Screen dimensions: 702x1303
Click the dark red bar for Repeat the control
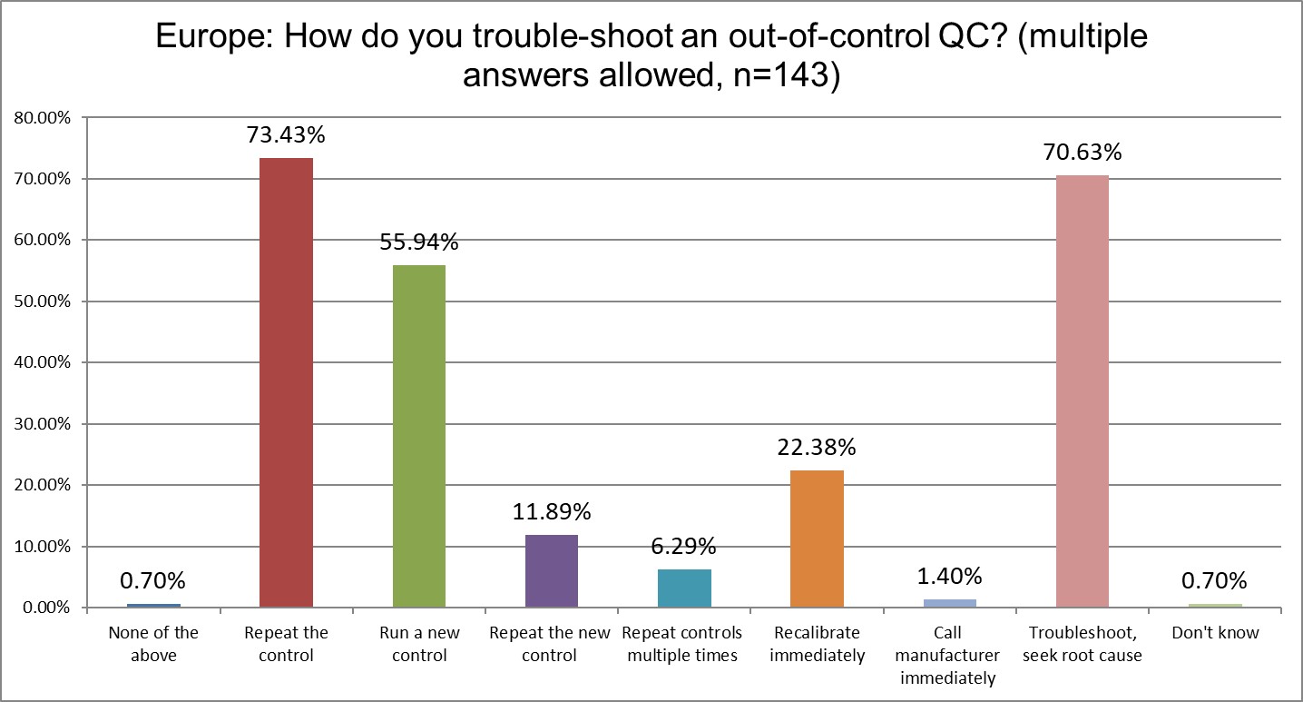[286, 381]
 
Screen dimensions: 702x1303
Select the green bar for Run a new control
[418, 435]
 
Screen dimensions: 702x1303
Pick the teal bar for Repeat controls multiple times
[684, 588]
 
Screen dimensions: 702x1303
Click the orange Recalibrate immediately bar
[817, 539]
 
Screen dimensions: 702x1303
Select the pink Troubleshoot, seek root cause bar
[1083, 391]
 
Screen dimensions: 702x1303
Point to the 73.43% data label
[286, 135]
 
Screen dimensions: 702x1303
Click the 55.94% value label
[418, 242]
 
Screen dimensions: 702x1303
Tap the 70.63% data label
[1083, 153]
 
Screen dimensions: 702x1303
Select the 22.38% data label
[817, 448]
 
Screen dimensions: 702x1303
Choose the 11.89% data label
[552, 512]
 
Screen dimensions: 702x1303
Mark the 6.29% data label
[684, 547]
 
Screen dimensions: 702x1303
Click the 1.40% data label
[949, 576]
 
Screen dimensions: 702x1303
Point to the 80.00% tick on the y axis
[43, 118]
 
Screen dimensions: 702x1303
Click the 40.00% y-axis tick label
[43, 362]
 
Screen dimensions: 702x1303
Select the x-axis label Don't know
[1215, 633]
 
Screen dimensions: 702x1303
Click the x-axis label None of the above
[153, 643]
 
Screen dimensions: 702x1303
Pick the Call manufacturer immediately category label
[949, 655]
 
